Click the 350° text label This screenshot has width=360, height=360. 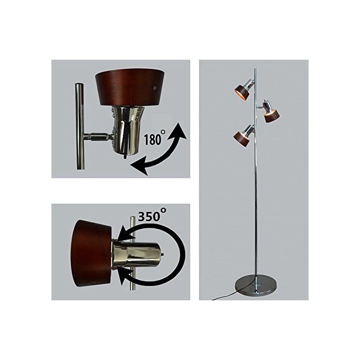[x=152, y=214]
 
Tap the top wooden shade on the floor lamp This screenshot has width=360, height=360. [x=242, y=92]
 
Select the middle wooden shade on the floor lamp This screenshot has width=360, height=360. [x=272, y=116]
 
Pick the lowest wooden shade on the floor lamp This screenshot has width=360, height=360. [x=241, y=139]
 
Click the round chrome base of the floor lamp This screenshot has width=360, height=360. [x=256, y=286]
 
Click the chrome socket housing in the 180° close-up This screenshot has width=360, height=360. [x=127, y=130]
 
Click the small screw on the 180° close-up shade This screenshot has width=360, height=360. [x=155, y=88]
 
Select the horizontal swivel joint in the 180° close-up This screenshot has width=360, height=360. [x=98, y=137]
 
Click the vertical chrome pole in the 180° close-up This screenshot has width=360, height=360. [x=79, y=127]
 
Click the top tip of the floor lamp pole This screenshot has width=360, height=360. [x=256, y=68]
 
